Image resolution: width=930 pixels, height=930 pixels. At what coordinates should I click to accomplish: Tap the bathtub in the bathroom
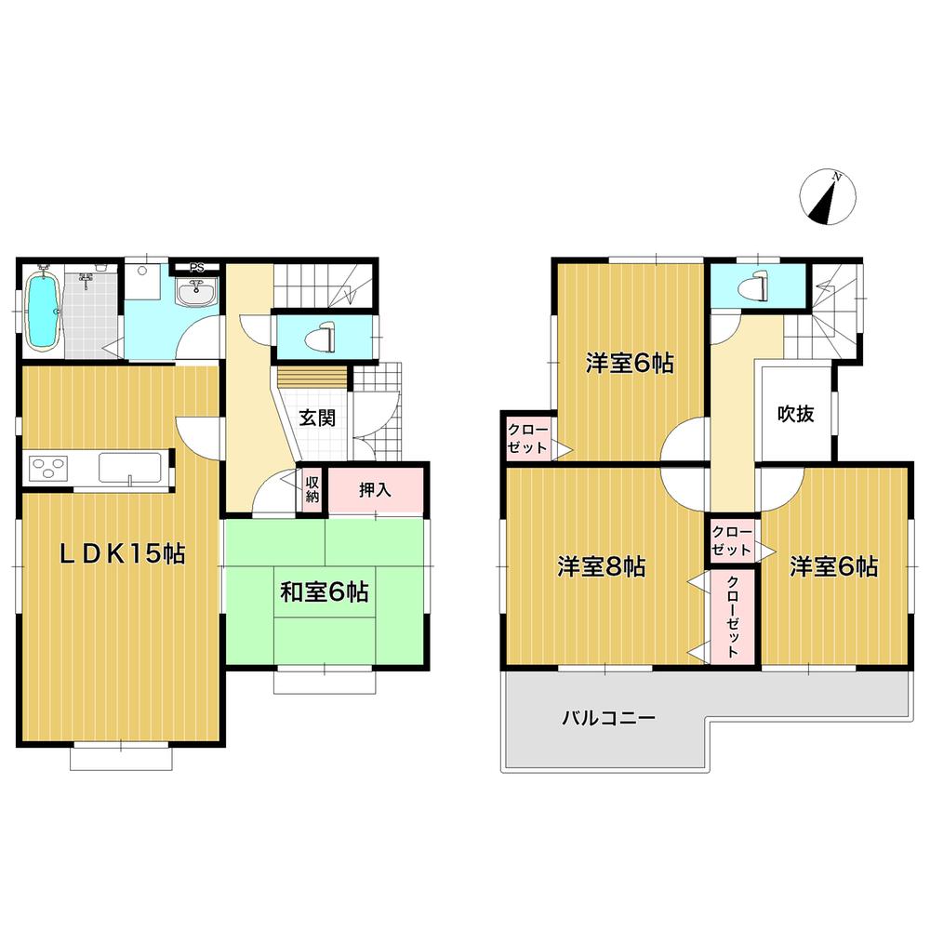[41, 312]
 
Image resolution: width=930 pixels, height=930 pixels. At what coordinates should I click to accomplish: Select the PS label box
[196, 268]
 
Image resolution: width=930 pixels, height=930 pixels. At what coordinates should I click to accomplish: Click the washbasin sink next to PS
[197, 293]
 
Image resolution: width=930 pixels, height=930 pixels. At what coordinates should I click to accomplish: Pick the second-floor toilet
[756, 286]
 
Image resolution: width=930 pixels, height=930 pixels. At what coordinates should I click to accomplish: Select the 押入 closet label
[375, 490]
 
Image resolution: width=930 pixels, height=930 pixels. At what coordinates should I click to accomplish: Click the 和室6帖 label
[323, 592]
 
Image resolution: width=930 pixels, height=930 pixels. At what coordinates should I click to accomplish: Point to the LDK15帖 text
[122, 555]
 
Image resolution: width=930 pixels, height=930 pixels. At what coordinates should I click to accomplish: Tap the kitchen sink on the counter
[130, 468]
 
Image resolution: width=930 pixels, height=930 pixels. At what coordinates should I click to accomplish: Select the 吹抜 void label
[796, 414]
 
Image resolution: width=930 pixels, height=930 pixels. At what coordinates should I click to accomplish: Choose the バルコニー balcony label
[608, 718]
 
